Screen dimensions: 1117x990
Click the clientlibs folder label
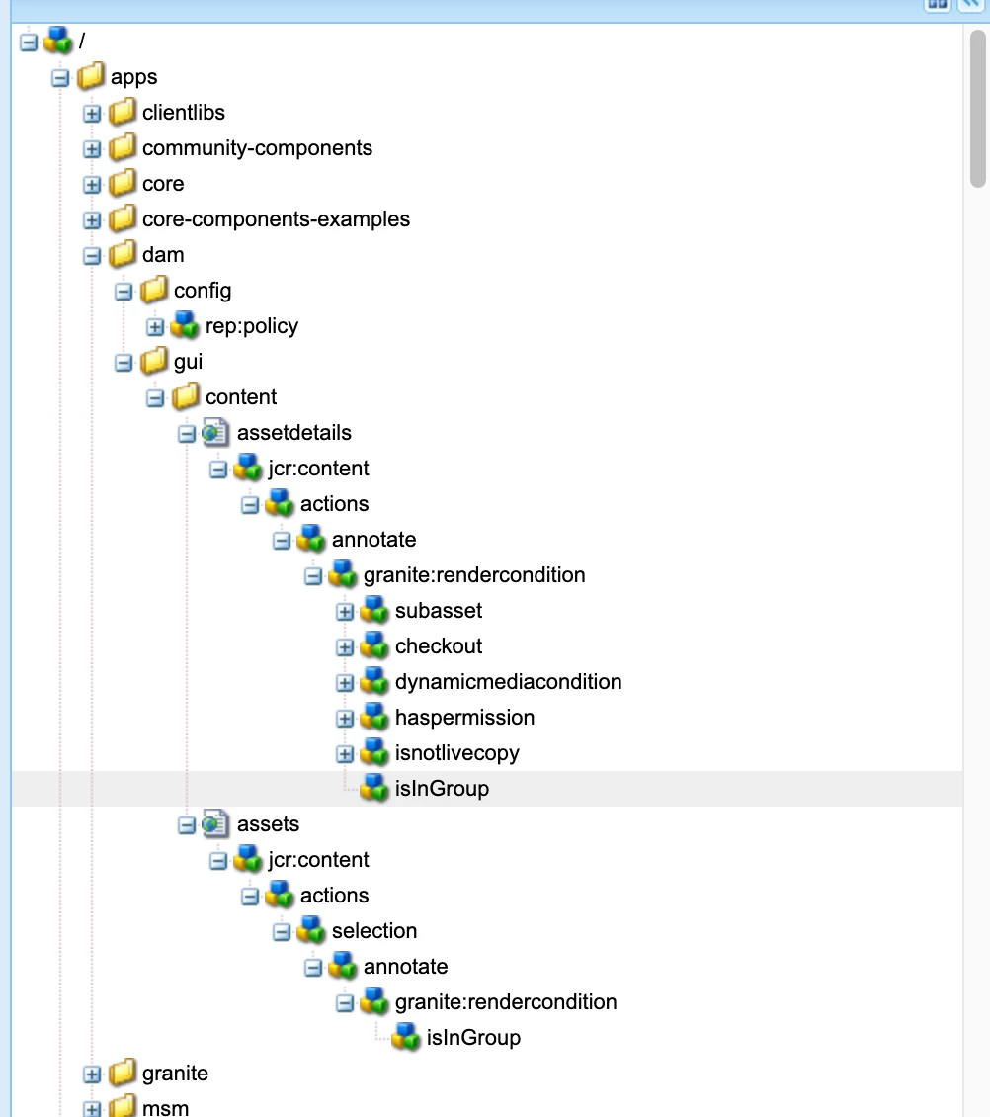[184, 113]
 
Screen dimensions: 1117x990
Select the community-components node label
[257, 148]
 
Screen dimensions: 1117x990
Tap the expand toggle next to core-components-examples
[92, 219]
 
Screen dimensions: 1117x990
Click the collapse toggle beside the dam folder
[92, 255]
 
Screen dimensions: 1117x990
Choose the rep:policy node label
[251, 326]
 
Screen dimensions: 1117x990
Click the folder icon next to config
[153, 291]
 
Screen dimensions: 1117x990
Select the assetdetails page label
[293, 433]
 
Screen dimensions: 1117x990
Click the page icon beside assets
[216, 824]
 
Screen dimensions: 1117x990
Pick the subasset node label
[439, 611]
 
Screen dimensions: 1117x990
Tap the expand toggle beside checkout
[345, 646]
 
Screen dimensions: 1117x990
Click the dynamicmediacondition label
[508, 682]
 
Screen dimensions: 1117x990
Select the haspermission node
[464, 718]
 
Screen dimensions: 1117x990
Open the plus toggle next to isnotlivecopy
[345, 753]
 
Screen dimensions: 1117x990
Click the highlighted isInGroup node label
[442, 789]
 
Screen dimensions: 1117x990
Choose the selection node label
[374, 931]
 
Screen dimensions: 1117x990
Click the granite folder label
[175, 1074]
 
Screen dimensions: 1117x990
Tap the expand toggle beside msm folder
[92, 1108]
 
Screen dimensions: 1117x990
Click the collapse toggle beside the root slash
[29, 42]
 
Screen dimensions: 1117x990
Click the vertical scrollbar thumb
[977, 109]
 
